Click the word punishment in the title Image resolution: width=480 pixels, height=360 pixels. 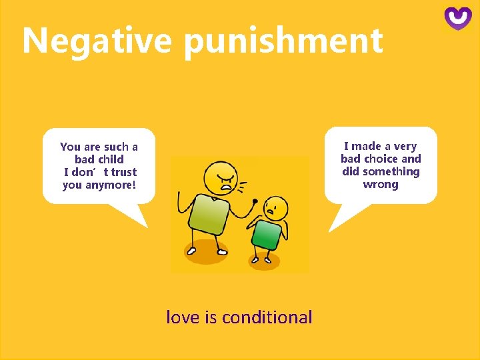(283, 41)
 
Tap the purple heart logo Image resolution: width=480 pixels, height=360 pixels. (458, 18)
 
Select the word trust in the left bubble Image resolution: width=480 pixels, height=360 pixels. (124, 172)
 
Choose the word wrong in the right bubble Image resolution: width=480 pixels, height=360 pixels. (381, 184)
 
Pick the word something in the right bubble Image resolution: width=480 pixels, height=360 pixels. (391, 171)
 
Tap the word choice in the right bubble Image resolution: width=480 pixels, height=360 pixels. (381, 159)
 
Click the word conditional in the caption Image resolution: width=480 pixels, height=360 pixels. (267, 317)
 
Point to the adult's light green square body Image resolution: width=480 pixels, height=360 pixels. (209, 213)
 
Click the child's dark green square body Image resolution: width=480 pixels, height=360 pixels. (266, 235)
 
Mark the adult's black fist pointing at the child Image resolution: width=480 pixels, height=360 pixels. (254, 201)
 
